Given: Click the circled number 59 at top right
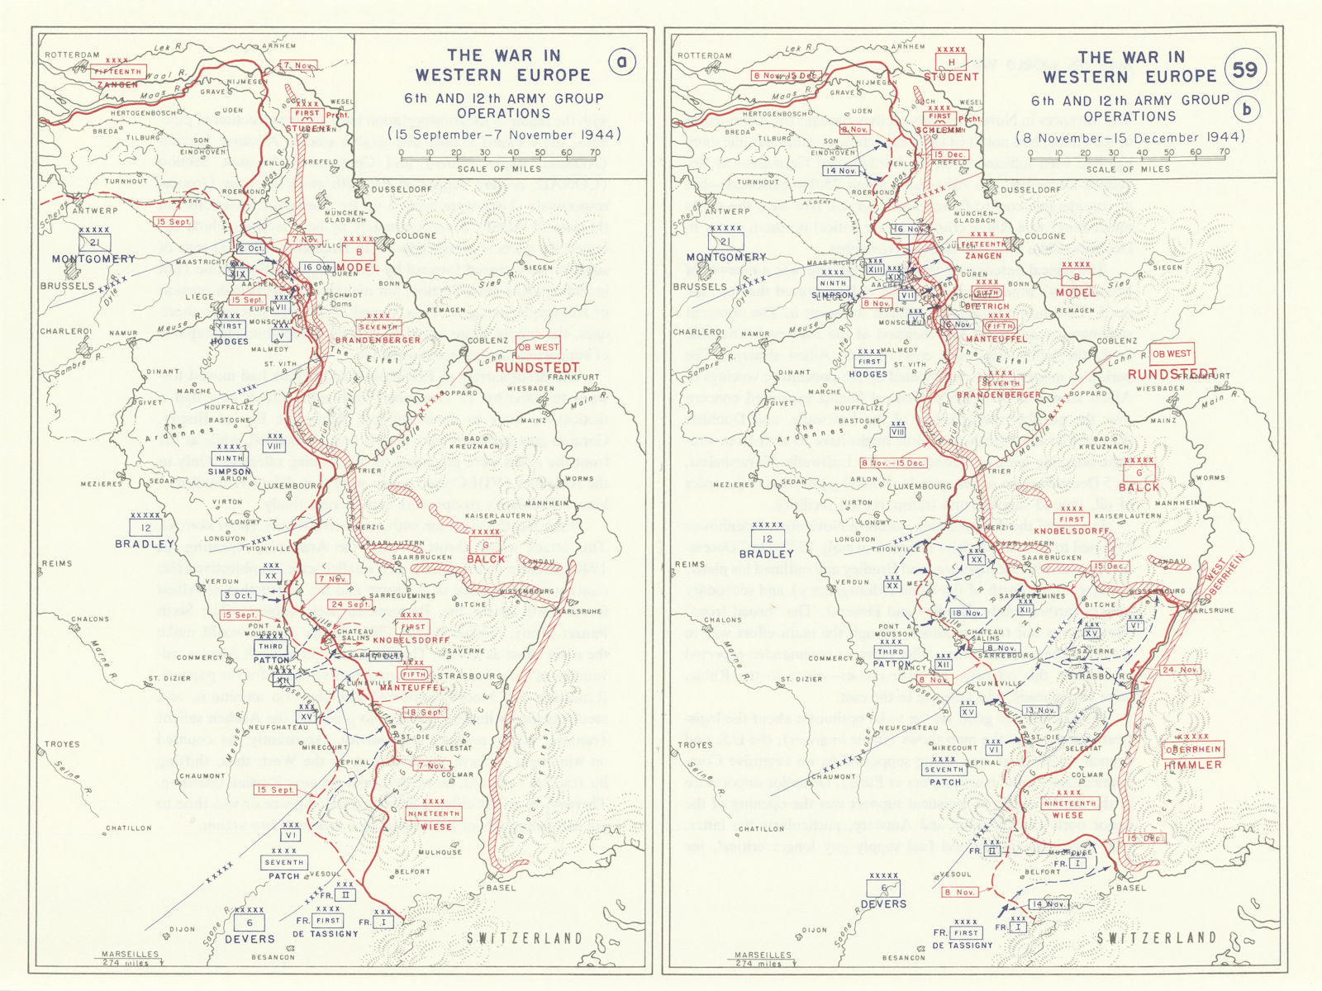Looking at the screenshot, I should click(1245, 70).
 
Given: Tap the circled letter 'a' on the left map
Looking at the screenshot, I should click(622, 62).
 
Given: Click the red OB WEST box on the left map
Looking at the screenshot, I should click(538, 347).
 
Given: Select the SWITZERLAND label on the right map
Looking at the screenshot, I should click(1157, 938).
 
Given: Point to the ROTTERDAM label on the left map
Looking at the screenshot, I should click(72, 55).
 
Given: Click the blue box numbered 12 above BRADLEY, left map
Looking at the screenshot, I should click(145, 527).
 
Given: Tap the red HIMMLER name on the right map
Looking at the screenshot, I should click(1192, 765).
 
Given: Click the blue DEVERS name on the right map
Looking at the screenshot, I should click(883, 904).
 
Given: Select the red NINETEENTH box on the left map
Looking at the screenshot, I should click(434, 813).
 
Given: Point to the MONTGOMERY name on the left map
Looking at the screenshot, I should click(93, 258).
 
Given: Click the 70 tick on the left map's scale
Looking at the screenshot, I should click(593, 153).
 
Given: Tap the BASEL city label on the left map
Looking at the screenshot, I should click(501, 888).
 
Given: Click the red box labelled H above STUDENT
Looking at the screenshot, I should click(951, 62).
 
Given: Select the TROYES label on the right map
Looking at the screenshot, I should click(695, 745).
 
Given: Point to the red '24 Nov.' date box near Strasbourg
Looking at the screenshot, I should click(1179, 670).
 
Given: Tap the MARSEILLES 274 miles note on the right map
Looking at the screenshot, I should click(763, 959).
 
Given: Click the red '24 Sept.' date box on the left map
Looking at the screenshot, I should click(349, 604).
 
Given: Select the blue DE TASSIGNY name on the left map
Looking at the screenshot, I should click(326, 934).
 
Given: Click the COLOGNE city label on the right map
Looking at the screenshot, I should click(1044, 236).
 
